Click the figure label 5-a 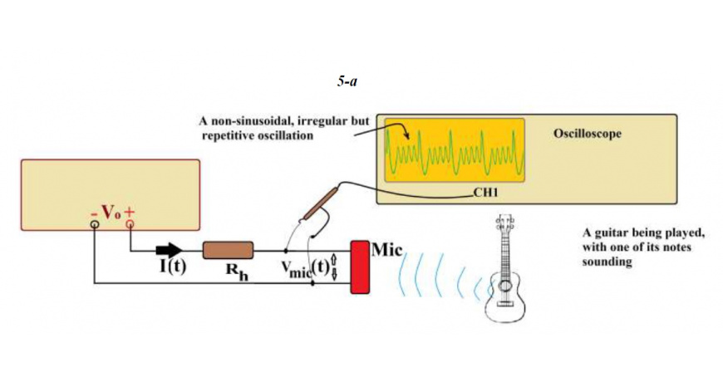[x=347, y=82]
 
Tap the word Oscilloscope [x=587, y=134]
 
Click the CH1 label [x=486, y=193]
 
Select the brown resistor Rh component [x=229, y=250]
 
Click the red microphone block [x=360, y=267]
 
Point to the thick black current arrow [x=170, y=250]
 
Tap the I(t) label [x=173, y=267]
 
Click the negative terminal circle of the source [x=95, y=224]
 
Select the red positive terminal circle [x=130, y=224]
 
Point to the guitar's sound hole [x=505, y=286]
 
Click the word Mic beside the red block [x=387, y=250]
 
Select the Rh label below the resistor [x=237, y=271]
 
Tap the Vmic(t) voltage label [x=306, y=267]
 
